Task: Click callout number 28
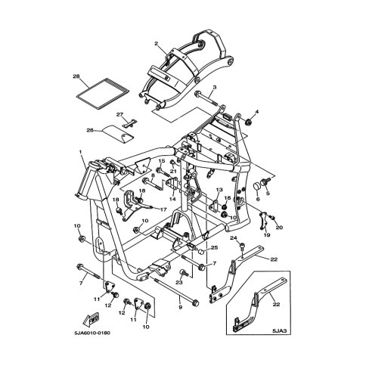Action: (76, 77)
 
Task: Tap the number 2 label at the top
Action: (155, 43)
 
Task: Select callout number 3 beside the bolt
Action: (215, 88)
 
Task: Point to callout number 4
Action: (256, 113)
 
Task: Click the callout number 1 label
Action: (81, 151)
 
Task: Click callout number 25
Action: (215, 248)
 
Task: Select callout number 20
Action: (279, 228)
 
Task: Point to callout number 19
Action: (265, 235)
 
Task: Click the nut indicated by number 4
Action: (248, 120)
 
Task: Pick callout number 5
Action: (266, 194)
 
